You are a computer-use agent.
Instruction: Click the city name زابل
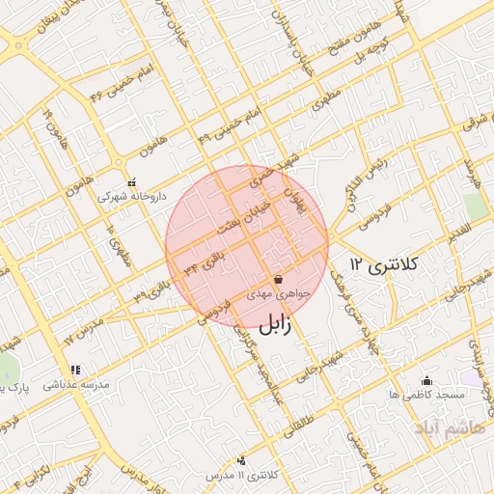pos(272,324)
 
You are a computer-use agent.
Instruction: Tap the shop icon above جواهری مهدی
pos(278,279)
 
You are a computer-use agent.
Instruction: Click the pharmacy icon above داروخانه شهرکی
pos(132,181)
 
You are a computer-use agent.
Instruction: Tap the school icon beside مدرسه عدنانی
pos(74,370)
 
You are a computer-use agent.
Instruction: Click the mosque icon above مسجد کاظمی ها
pos(426,381)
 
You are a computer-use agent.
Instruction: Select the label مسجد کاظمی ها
pos(426,396)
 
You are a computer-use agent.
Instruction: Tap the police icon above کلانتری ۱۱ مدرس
pos(241,461)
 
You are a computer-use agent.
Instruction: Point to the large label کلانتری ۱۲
pos(382,263)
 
